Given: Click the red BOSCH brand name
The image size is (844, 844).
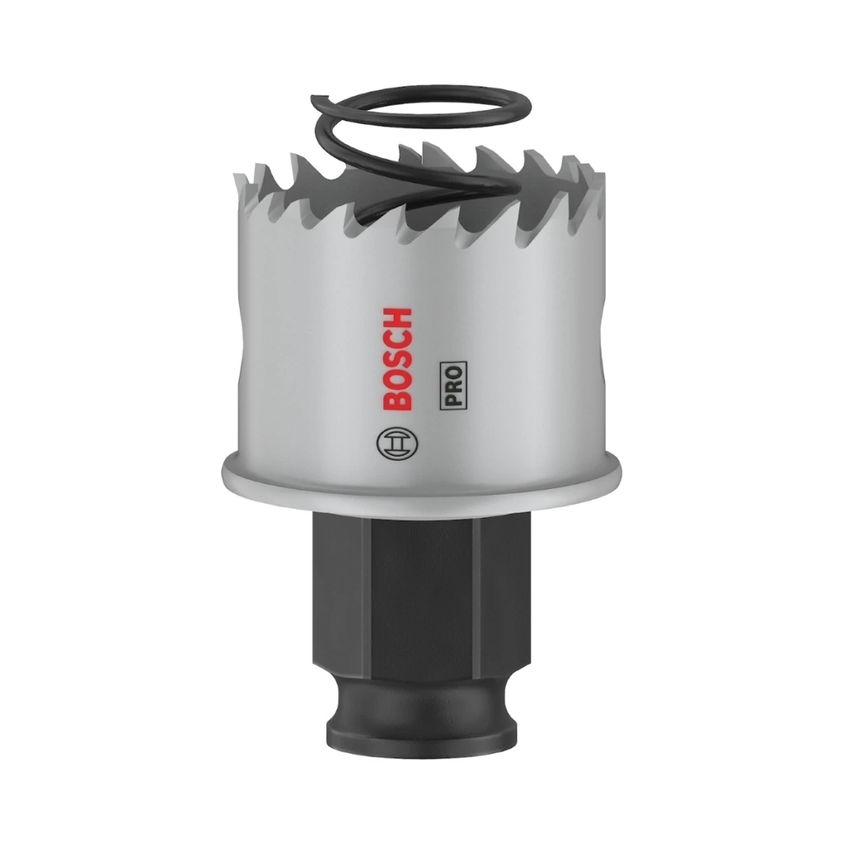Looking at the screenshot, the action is click(398, 359).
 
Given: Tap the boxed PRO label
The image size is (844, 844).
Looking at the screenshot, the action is click(453, 386).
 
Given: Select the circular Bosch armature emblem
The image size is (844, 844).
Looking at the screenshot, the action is click(399, 443).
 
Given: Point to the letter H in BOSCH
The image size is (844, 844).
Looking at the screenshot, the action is click(398, 318).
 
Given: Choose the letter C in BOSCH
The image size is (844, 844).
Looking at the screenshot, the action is click(398, 339).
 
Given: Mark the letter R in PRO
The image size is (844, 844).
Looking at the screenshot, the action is click(453, 387).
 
